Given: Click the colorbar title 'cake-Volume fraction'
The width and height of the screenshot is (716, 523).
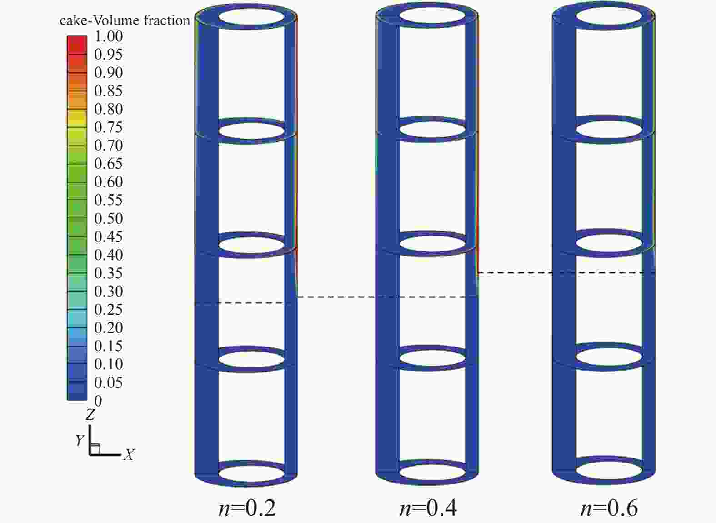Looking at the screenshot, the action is (x=125, y=20).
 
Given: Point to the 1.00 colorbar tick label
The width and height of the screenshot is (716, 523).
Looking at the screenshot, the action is (x=108, y=36).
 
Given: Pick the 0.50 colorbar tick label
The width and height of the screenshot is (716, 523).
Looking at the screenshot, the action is (x=108, y=218).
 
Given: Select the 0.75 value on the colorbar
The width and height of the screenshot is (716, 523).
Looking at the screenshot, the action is (x=108, y=127).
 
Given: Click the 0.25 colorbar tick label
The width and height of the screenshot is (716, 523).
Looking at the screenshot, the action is (x=108, y=309).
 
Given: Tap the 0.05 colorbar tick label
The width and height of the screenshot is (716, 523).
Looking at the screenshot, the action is (x=108, y=382).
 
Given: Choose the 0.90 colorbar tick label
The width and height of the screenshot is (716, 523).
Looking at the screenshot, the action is (x=108, y=73).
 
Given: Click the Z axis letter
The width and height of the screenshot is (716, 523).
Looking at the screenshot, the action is (x=90, y=414).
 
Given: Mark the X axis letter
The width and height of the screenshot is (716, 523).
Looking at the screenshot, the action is (x=129, y=454).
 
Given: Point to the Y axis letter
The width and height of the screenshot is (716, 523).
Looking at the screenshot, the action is (x=80, y=441).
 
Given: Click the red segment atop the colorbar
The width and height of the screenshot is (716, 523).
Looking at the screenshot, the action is (x=77, y=45).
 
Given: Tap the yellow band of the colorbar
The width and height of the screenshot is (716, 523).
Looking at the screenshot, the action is (x=77, y=119).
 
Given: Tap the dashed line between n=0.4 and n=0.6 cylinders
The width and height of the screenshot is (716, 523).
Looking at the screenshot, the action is (x=566, y=273).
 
